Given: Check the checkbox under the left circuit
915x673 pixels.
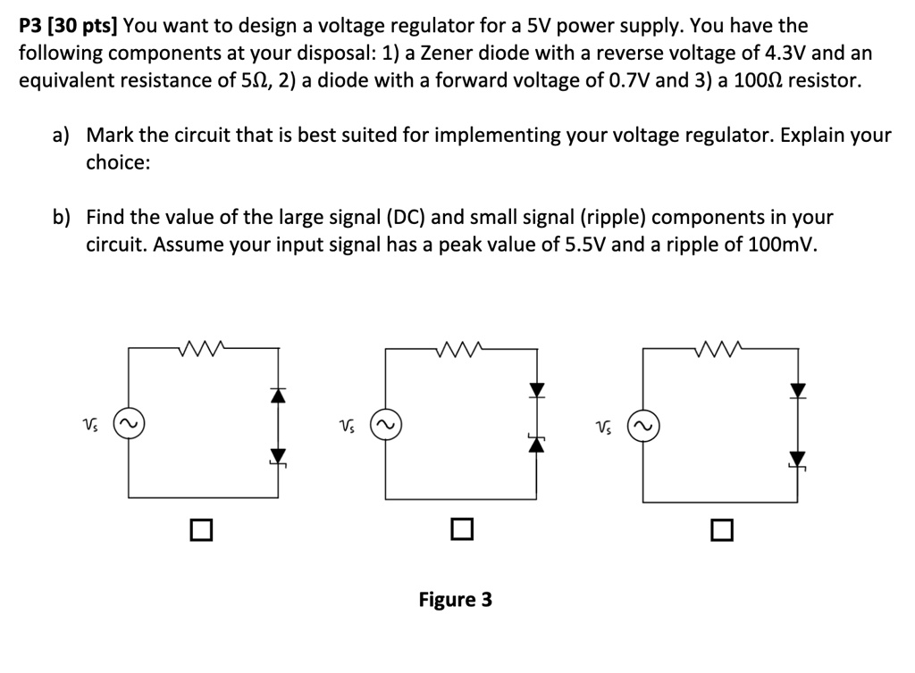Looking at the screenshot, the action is (x=201, y=529).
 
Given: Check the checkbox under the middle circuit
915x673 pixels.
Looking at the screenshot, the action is (x=462, y=529).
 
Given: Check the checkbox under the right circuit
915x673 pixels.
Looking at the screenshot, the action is (x=722, y=530).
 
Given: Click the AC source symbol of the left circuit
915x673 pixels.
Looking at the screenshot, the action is (x=129, y=422).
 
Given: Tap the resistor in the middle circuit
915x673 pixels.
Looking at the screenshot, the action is (x=458, y=348).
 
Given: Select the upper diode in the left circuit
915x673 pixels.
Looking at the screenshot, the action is (x=279, y=395).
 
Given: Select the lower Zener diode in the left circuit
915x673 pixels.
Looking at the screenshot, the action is (x=279, y=457).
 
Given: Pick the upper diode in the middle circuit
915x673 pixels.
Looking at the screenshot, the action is (x=536, y=389).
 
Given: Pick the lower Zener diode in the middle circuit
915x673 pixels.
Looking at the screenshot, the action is (x=536, y=444).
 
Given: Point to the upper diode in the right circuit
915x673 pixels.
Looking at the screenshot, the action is (x=798, y=390).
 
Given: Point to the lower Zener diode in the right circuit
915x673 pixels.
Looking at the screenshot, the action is (x=797, y=461).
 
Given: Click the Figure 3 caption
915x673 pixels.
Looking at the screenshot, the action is (x=455, y=600).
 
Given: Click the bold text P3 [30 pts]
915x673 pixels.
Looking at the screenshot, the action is (x=68, y=26).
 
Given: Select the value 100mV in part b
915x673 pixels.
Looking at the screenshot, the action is (x=779, y=245).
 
